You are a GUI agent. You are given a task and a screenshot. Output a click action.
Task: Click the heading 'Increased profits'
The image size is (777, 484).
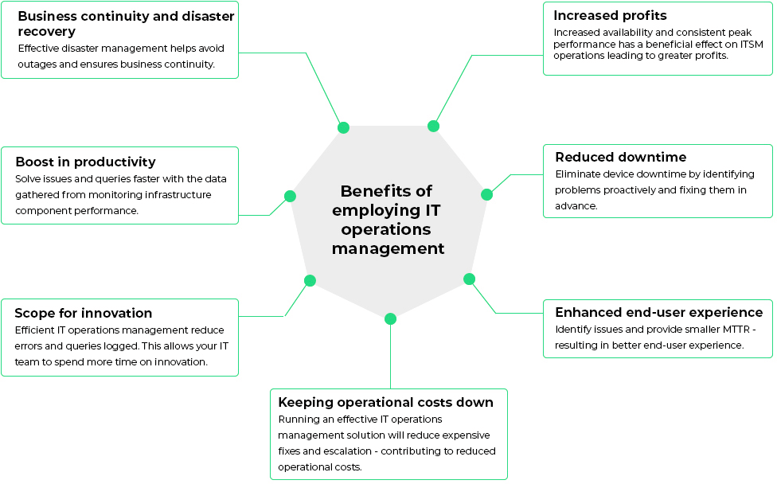coord(610,15)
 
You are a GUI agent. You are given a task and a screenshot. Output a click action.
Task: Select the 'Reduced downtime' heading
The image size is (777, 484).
coord(620,157)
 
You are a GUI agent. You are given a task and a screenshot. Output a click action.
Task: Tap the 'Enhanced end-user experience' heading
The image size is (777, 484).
coord(658,312)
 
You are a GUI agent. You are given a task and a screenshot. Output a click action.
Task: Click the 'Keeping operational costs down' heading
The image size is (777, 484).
coord(385,402)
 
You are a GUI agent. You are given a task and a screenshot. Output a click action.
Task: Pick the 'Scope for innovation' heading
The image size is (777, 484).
coord(83,313)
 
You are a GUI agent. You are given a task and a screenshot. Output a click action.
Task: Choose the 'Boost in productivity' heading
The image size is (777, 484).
coord(85,162)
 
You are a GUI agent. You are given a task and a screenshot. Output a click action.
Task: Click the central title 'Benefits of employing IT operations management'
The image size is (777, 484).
coord(388,220)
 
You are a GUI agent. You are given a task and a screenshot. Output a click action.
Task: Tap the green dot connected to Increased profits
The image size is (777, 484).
coord(433,126)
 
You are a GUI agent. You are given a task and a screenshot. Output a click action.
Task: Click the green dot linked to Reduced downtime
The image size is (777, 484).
coord(487,194)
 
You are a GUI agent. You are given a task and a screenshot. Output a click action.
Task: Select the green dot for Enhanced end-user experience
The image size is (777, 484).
coord(469,279)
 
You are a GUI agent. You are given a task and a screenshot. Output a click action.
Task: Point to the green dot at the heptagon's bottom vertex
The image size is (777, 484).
coord(390,318)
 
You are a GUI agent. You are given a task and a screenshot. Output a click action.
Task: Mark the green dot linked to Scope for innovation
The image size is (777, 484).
coord(310,280)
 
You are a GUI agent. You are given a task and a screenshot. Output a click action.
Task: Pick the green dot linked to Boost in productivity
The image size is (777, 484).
coord(290,196)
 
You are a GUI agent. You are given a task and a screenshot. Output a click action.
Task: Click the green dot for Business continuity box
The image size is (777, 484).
coord(343,127)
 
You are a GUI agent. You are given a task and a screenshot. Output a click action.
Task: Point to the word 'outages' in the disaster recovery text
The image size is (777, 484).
coord(37,64)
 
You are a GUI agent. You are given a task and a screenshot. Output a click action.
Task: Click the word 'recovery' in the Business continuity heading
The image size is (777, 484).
coord(46,31)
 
